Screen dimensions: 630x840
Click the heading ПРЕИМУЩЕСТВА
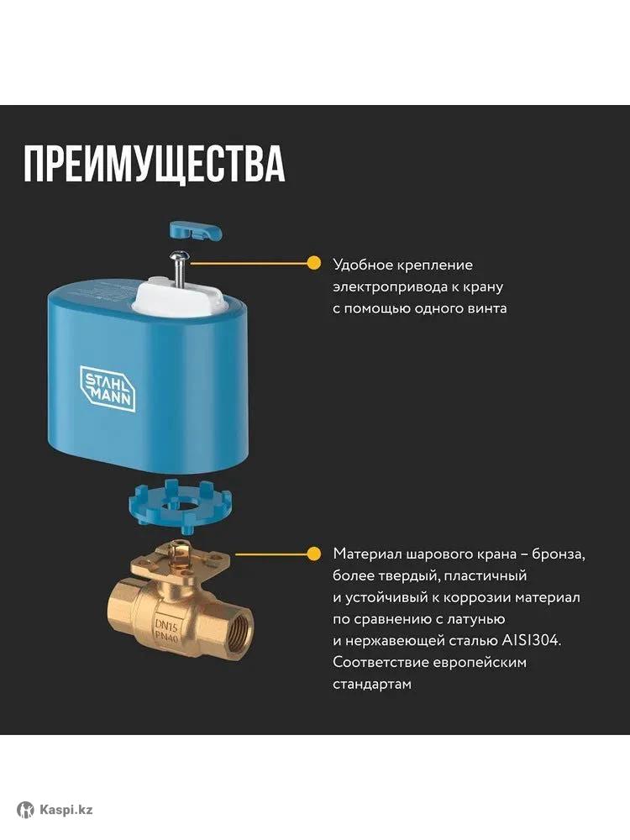point(154,164)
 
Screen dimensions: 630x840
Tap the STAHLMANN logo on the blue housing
point(108,389)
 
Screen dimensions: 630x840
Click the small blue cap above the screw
point(196,231)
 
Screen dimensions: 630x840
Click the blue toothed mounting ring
point(180,507)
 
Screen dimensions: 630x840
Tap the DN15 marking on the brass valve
point(166,623)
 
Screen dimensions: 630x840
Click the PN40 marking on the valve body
point(167,636)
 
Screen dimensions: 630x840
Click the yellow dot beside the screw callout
point(313,263)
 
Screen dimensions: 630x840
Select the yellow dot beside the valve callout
point(313,554)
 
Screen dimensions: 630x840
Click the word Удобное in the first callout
point(364,265)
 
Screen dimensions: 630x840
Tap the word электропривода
point(390,287)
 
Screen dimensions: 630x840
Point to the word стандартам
point(372,685)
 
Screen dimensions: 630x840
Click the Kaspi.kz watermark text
point(66,809)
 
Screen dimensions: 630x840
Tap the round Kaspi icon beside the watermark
point(25,810)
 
